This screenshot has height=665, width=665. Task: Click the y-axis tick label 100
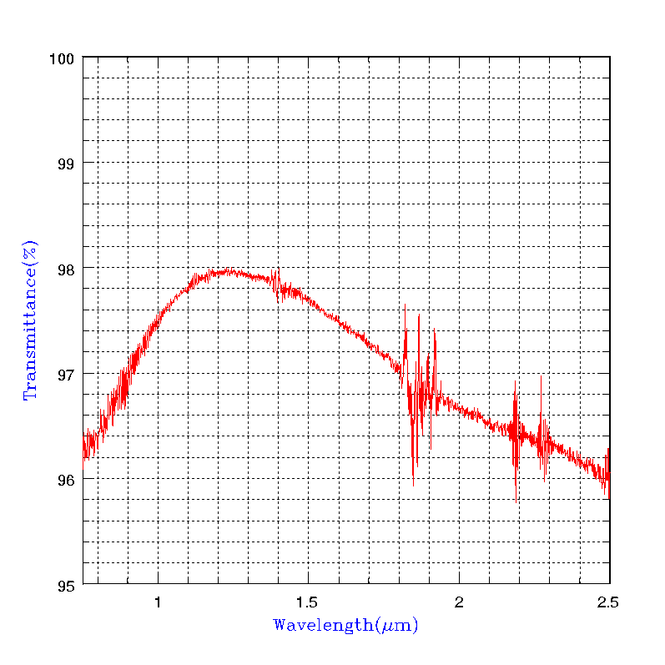point(65,58)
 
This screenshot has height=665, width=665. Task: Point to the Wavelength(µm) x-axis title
point(345,625)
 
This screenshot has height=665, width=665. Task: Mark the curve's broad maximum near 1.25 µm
point(225,271)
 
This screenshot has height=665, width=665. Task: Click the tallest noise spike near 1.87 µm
point(419,315)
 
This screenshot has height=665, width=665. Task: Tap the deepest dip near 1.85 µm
point(413,484)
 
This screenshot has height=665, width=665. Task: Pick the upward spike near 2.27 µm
point(541,376)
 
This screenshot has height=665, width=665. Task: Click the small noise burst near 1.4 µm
point(277,284)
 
